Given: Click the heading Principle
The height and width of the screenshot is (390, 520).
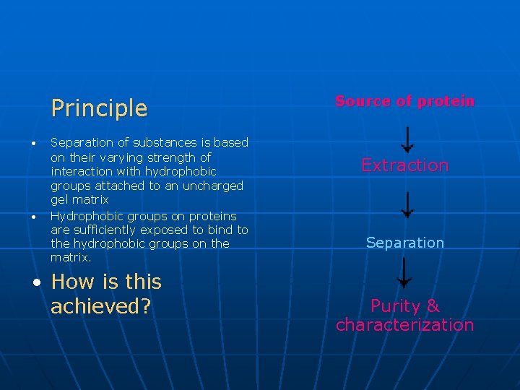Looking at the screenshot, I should [x=99, y=108].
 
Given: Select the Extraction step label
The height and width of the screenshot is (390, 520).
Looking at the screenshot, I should [x=404, y=165].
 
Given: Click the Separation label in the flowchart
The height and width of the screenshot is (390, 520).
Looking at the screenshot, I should [x=404, y=243].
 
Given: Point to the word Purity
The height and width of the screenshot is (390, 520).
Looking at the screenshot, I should [x=394, y=306].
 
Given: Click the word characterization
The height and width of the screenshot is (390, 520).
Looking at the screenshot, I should [x=404, y=325].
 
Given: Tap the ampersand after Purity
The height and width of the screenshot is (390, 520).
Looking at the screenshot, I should [x=433, y=306].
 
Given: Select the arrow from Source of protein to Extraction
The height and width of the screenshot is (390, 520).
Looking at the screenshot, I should [x=407, y=139].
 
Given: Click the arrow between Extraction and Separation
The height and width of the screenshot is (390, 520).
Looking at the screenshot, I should [x=407, y=204].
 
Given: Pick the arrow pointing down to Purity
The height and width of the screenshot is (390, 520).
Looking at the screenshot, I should [x=405, y=272].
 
